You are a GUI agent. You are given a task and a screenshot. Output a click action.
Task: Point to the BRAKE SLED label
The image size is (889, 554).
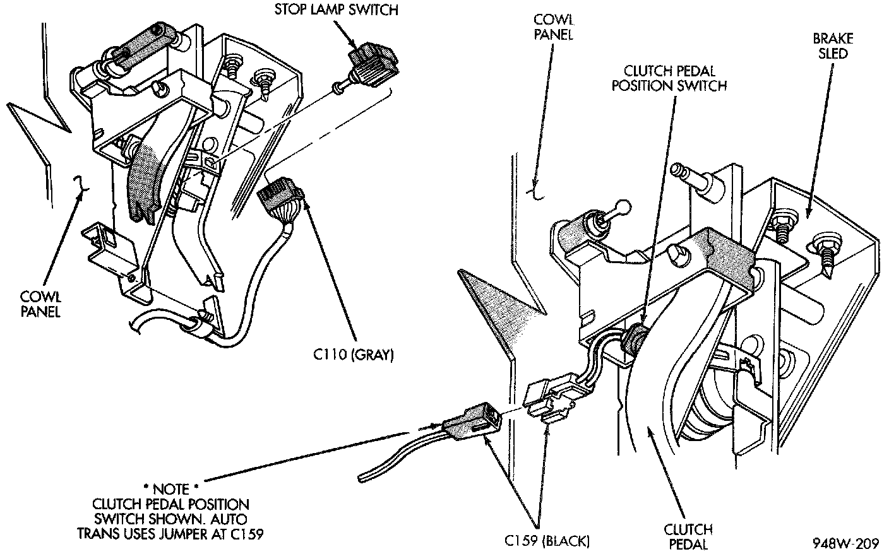833,46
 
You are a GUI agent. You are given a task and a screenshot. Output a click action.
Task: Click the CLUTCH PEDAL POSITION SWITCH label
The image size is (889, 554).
669,78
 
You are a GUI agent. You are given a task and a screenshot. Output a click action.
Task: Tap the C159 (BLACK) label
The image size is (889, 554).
547,541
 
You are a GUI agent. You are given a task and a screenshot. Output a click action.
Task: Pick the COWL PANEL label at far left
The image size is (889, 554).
40,304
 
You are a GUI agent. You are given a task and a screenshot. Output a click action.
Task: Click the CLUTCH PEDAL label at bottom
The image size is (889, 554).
688,536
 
